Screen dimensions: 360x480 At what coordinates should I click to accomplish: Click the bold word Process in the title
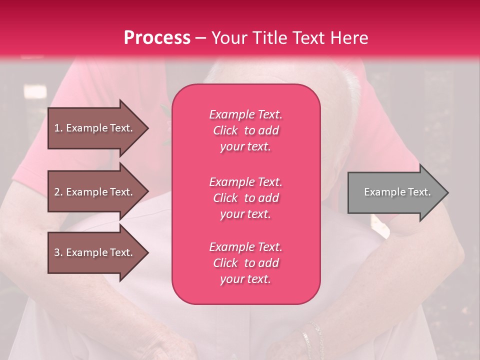pos(157,38)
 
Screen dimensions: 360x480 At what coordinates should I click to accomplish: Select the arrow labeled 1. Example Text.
pos(95,128)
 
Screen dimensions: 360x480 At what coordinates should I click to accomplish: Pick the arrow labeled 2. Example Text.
pos(95,192)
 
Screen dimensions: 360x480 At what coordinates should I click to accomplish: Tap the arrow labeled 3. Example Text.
pos(95,252)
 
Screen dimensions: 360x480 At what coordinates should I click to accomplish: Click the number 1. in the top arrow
pos(58,128)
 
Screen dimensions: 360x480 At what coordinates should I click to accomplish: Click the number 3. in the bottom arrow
pos(58,252)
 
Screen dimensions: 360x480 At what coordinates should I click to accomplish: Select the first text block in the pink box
pos(245,130)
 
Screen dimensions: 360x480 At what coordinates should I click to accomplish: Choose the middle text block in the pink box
pos(245,198)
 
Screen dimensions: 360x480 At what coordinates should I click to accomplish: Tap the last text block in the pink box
pos(245,263)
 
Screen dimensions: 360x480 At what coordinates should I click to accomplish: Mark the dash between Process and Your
pos(201,38)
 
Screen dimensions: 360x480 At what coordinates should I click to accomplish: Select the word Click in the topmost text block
pos(225,130)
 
